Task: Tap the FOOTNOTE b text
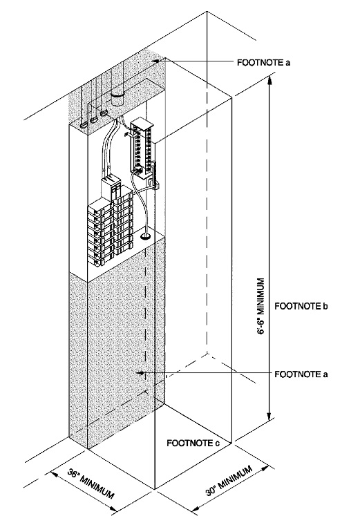[300, 305]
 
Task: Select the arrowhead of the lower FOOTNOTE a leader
[140, 373]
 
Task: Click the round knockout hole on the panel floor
[146, 237]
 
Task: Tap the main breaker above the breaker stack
[111, 187]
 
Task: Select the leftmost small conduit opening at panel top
[84, 124]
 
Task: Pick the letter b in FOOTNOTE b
[324, 305]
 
